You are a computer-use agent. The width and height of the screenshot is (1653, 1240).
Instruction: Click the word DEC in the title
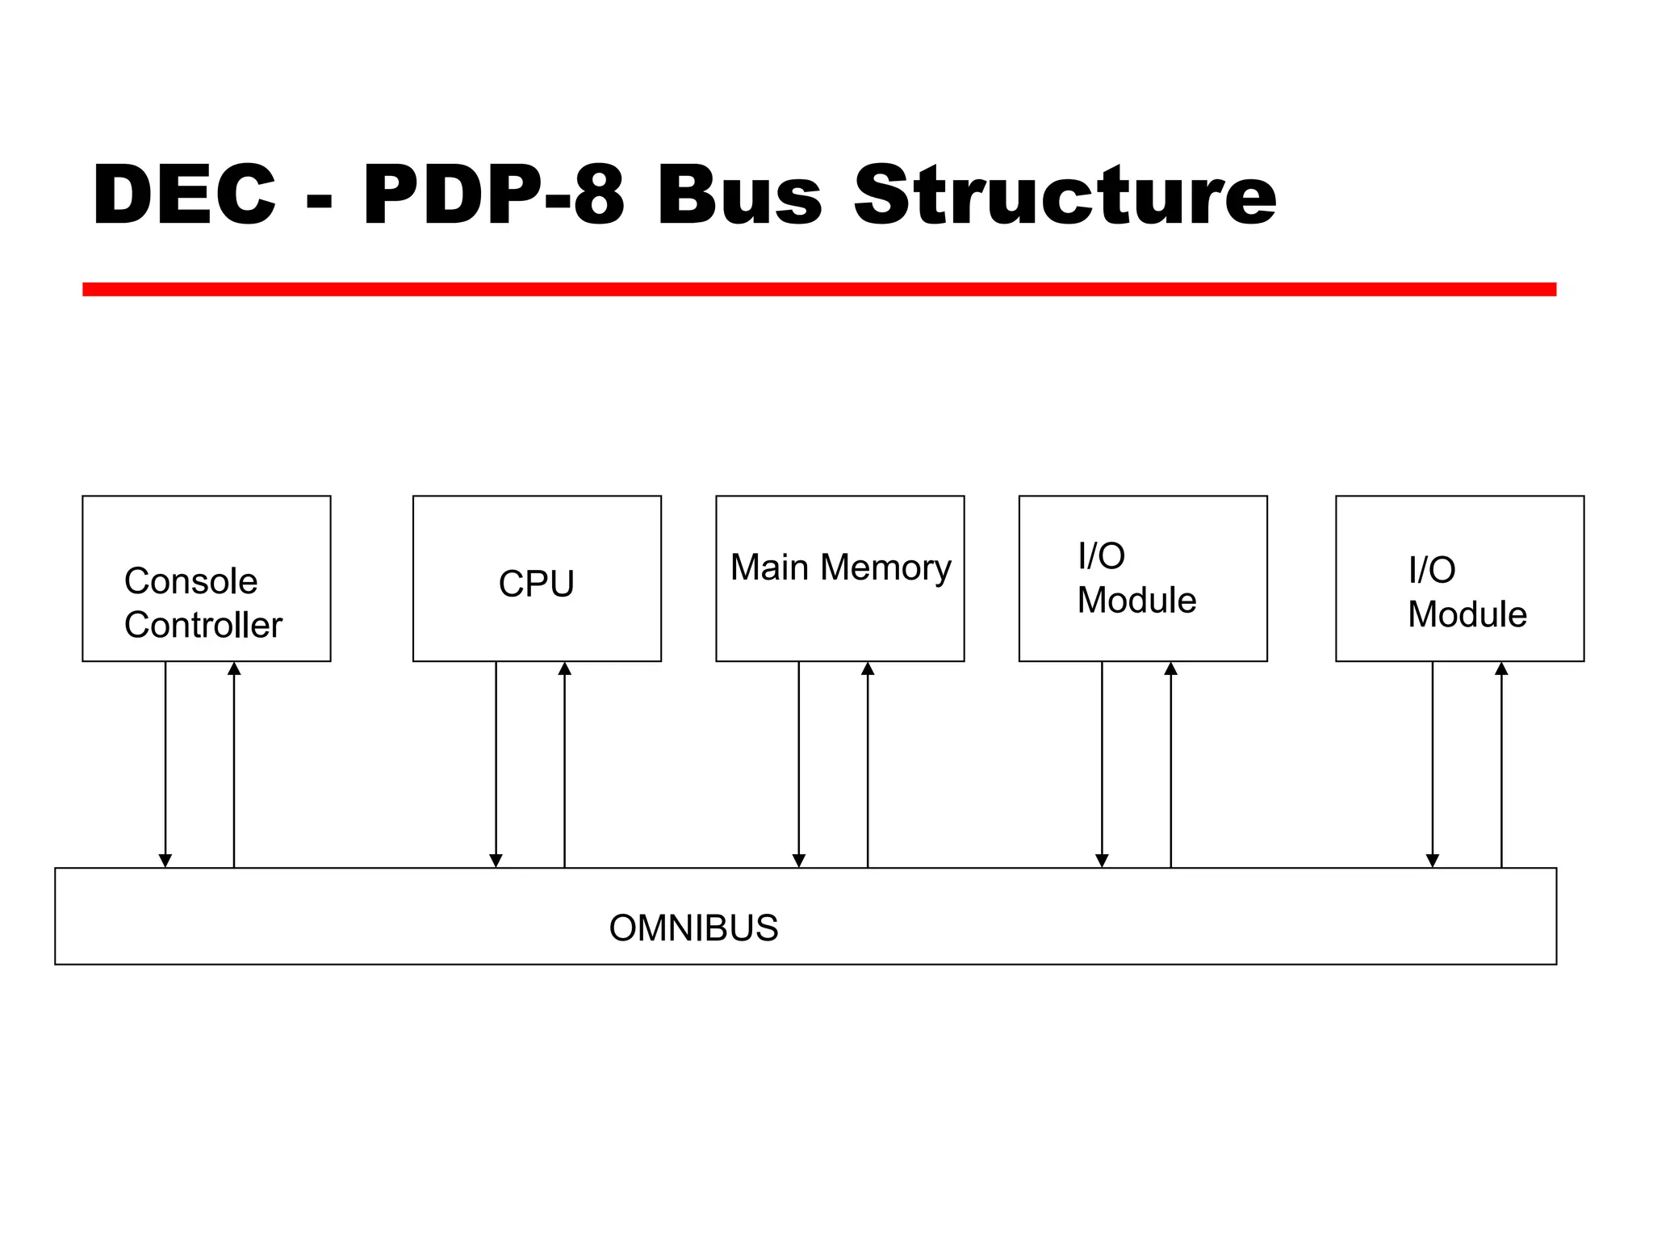[185, 195]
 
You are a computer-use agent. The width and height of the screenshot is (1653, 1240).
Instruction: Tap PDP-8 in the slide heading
[493, 195]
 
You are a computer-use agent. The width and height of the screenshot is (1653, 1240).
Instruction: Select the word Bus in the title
[740, 195]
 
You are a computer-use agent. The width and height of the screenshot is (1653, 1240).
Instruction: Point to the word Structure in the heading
[1065, 195]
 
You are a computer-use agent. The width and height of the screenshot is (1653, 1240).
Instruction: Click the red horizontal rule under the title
[818, 289]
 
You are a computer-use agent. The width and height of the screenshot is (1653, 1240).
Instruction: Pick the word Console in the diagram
[191, 581]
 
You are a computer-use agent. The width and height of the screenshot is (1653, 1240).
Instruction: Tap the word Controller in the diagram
[203, 625]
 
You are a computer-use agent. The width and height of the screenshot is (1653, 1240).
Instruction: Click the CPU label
[537, 584]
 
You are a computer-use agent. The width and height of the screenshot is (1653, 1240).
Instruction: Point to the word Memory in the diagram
[885, 568]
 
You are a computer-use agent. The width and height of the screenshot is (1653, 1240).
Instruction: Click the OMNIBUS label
[693, 928]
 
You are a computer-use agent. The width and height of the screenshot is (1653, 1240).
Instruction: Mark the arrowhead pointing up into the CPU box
[565, 668]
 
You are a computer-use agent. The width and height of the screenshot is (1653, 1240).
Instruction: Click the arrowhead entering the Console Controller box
[234, 668]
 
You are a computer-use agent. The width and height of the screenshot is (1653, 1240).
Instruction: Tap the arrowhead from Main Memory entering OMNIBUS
[799, 861]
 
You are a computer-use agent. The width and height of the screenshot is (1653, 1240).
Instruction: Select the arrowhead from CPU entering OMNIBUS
[496, 861]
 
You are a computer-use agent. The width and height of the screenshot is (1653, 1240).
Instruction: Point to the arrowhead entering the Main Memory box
[868, 668]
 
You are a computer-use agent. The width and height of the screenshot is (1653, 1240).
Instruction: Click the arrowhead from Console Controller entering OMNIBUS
[165, 861]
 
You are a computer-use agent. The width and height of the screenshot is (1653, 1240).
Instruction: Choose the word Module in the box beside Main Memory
[1136, 601]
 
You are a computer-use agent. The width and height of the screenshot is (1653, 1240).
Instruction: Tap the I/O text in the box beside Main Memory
[1101, 556]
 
